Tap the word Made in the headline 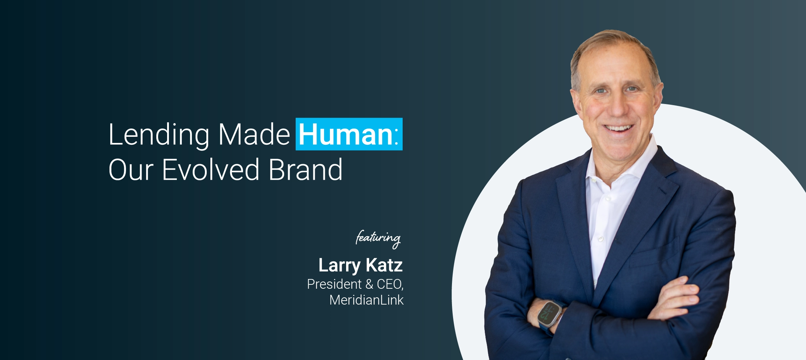pos(254,134)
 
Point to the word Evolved pos(211,169)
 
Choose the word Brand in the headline pos(306,169)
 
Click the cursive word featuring pos(378,239)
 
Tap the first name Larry pos(339,266)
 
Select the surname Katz pos(384,265)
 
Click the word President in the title pos(334,284)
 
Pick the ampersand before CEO pos(369,284)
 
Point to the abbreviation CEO pos(389,284)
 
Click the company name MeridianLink pos(367,300)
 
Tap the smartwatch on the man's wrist pos(550,314)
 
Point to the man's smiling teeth pos(618,128)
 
